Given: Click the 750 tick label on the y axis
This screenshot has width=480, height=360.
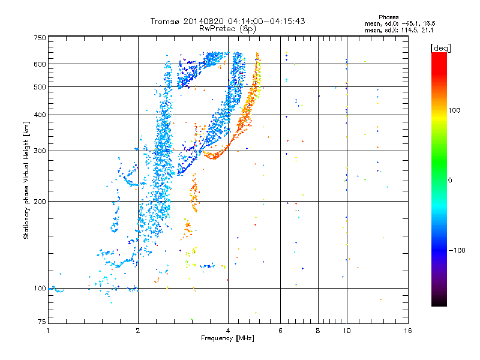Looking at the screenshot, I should click(40, 37).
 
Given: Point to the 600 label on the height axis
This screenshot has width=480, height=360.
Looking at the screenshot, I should click(40, 64).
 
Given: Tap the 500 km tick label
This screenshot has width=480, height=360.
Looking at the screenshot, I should click(40, 86).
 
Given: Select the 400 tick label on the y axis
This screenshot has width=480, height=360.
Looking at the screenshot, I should click(40, 115).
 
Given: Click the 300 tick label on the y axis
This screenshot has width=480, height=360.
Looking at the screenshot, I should click(40, 151).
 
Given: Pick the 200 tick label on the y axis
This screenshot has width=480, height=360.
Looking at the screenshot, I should click(40, 201).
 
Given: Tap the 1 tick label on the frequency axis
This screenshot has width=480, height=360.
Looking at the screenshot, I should click(48, 331).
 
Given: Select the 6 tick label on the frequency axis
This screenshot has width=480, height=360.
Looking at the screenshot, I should click(281, 331).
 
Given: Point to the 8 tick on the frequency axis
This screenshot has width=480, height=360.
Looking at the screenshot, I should click(318, 331).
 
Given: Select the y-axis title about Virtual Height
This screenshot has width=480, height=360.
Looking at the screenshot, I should click(26, 180).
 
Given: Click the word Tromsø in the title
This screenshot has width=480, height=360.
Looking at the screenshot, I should click(169, 21).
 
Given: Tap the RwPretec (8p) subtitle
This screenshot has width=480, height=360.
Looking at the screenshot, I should click(228, 28).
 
